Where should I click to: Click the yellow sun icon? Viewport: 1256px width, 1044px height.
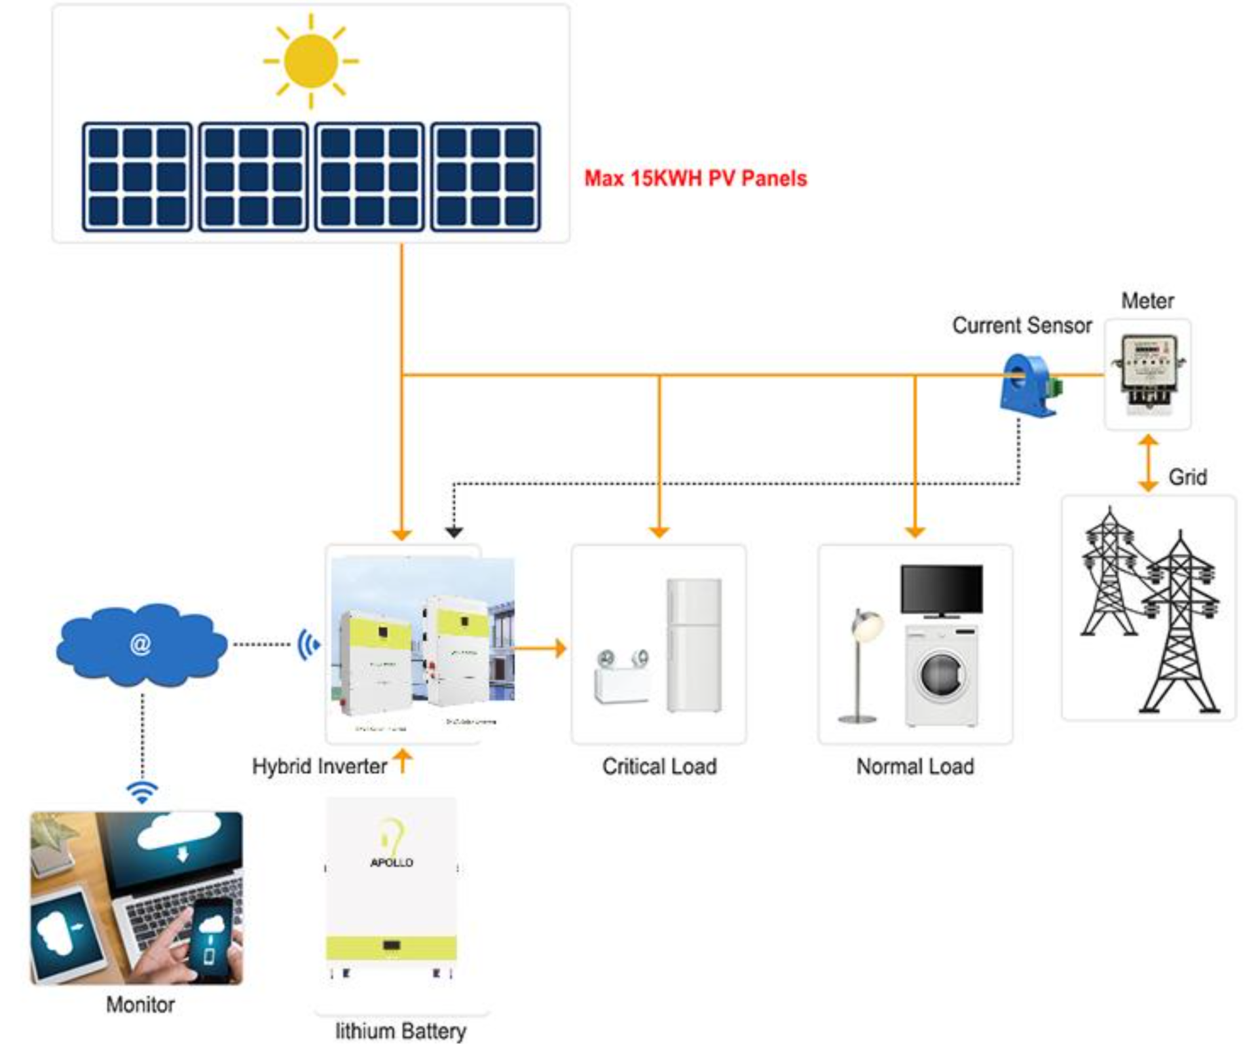tap(310, 61)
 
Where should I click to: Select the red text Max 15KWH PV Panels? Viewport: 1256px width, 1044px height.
tap(695, 179)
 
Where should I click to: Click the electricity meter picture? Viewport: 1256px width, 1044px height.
tap(1147, 373)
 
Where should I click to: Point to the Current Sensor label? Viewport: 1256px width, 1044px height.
tap(1022, 325)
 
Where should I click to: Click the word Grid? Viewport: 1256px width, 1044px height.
tap(1187, 477)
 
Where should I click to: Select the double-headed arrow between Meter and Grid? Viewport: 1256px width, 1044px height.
tap(1147, 464)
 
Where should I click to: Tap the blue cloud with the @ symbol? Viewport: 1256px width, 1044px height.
tap(141, 644)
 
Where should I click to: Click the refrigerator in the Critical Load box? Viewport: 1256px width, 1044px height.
tap(693, 645)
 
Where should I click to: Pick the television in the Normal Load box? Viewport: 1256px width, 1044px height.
tap(941, 591)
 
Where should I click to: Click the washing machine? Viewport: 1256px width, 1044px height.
tap(942, 676)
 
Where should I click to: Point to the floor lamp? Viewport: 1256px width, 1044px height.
tap(862, 665)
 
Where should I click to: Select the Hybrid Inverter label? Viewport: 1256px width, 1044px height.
tap(319, 766)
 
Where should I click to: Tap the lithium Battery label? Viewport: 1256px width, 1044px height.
tap(401, 1030)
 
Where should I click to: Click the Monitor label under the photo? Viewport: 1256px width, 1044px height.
tap(141, 1005)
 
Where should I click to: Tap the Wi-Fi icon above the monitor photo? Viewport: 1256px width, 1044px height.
tap(142, 791)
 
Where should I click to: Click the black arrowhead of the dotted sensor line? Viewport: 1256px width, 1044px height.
tap(454, 533)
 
